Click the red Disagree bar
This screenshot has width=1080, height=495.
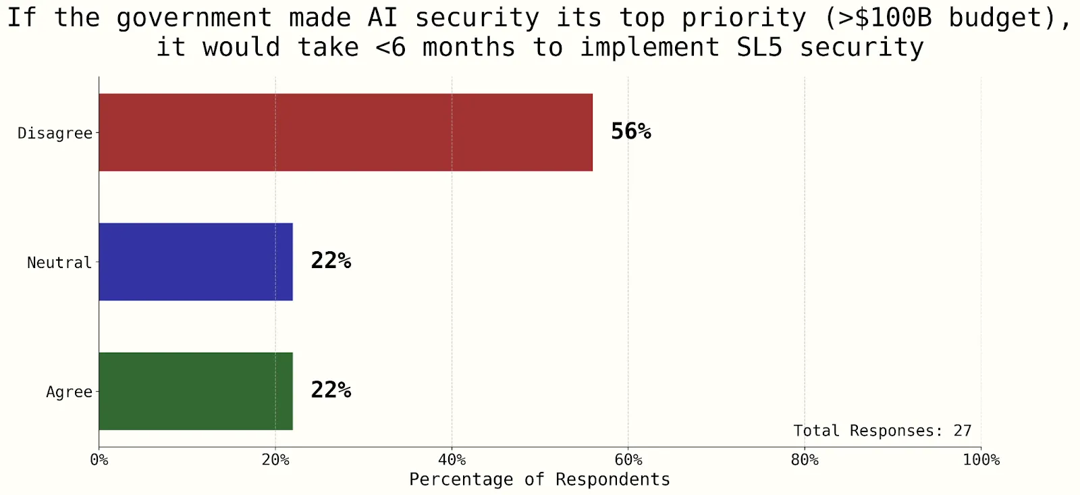tap(346, 132)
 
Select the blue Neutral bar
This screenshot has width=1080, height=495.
tap(196, 262)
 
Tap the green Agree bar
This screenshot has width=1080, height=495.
tap(196, 391)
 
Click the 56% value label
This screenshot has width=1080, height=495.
tap(630, 131)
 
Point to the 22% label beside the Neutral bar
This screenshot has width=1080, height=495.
tap(331, 261)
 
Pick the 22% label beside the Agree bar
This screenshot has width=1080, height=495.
tap(331, 390)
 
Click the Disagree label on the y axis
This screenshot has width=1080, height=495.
tap(55, 133)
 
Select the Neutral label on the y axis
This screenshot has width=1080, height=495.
tap(59, 263)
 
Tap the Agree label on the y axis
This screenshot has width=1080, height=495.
tap(69, 392)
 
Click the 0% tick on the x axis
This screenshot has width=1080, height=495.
tap(99, 460)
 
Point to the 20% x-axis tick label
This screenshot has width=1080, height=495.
tap(275, 460)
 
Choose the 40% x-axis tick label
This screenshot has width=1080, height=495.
tap(452, 460)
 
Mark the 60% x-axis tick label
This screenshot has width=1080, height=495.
tap(628, 460)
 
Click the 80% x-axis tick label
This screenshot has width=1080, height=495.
tap(805, 460)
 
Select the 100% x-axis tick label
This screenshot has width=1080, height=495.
tap(981, 460)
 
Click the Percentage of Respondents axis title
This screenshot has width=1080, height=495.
tap(539, 479)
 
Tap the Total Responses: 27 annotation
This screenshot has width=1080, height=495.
tap(882, 431)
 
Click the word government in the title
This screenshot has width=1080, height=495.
tap(194, 18)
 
